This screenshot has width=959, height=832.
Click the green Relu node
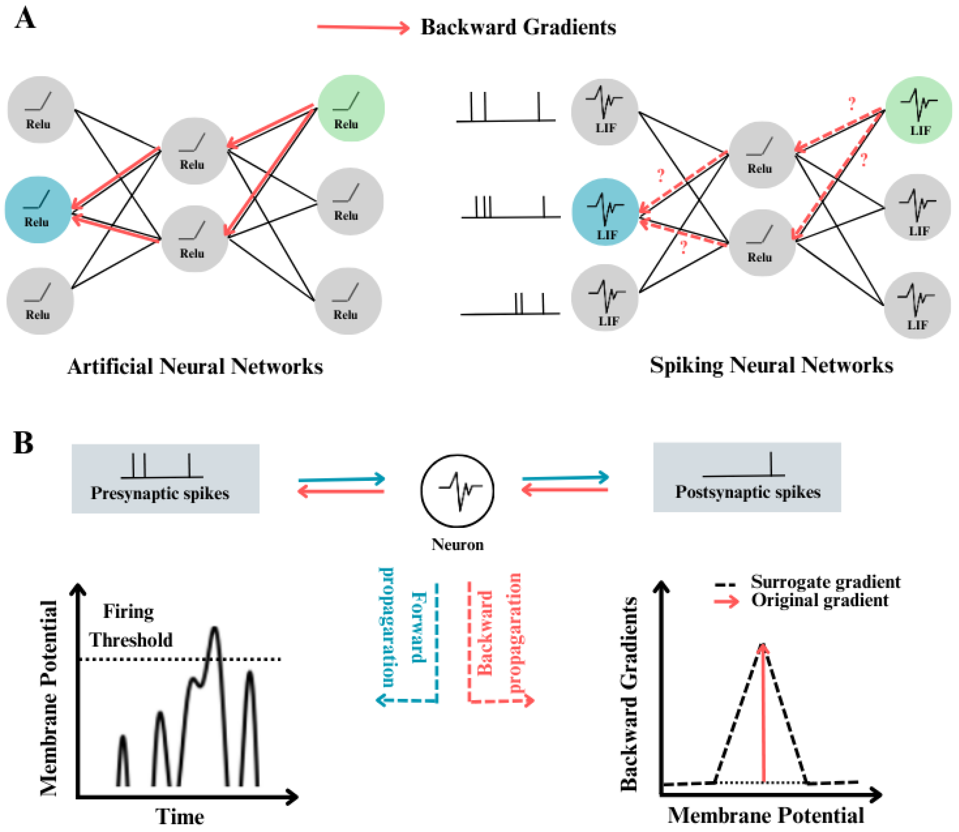(351, 108)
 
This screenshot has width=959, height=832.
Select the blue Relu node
(38, 210)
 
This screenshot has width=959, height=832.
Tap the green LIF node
(919, 110)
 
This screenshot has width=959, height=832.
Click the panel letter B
(23, 443)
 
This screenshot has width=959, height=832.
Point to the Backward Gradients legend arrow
(363, 27)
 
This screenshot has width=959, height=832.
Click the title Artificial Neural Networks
(195, 367)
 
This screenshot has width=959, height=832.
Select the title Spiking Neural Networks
(771, 365)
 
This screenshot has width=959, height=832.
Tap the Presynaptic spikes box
(165, 479)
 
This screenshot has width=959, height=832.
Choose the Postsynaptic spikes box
(747, 477)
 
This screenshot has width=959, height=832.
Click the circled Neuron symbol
(458, 491)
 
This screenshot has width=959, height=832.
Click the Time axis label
(179, 816)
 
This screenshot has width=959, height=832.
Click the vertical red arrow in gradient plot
(763, 715)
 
